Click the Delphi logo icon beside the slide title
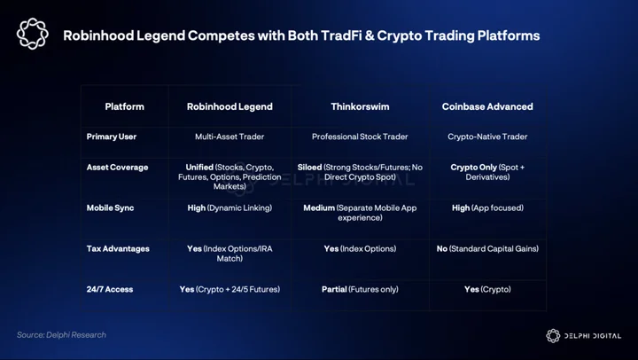[33, 34]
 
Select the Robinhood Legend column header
[230, 106]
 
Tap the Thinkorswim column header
[360, 106]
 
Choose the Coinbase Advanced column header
[487, 106]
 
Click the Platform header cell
[125, 106]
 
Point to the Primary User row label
[112, 137]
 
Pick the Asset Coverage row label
[117, 168]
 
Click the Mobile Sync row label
[110, 208]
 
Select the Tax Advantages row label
[118, 249]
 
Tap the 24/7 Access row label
[110, 290]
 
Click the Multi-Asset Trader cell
[230, 137]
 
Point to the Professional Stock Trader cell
[360, 137]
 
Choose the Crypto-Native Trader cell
[487, 137]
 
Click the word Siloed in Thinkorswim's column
[309, 168]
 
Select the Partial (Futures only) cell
[360, 290]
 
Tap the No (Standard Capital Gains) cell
[487, 249]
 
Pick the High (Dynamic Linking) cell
[230, 208]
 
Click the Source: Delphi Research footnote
[61, 335]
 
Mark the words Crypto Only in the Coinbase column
[473, 168]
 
